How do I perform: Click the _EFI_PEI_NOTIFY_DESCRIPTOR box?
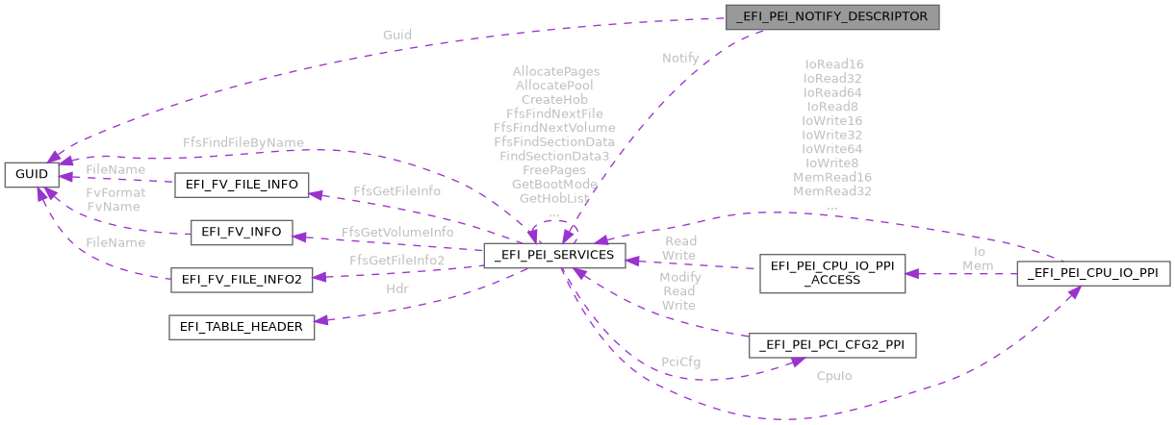coord(831,16)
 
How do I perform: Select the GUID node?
coord(32,174)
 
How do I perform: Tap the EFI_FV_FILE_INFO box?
coord(242,185)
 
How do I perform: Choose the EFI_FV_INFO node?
coord(242,233)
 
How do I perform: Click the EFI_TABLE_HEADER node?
coord(242,327)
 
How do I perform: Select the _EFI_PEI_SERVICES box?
coord(555,257)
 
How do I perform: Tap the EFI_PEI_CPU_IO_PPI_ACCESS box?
coord(831,273)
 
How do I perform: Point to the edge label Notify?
coord(680,59)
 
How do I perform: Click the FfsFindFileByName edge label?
coord(243,142)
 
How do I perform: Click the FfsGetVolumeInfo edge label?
coord(397,232)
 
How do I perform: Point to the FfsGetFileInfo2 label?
coord(396,260)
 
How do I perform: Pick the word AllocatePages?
coord(555,71)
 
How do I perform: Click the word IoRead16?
coord(833,64)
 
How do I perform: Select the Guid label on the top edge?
coord(396,35)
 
